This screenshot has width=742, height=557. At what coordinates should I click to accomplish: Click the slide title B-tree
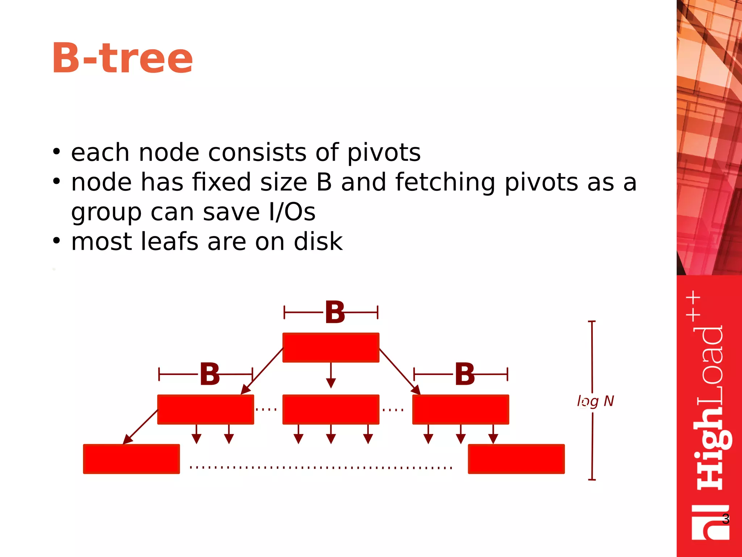click(x=122, y=58)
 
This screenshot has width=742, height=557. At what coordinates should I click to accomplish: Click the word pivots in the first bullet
click(x=384, y=153)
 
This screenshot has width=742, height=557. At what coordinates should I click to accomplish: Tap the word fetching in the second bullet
click(x=446, y=182)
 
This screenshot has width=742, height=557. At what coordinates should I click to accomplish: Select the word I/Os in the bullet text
click(x=292, y=212)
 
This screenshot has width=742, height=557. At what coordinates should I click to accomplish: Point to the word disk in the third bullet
click(x=318, y=242)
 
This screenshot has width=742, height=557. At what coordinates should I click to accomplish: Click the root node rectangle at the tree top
click(x=331, y=347)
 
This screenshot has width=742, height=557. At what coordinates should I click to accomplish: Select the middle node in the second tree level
click(x=331, y=409)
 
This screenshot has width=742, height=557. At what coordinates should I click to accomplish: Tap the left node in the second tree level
click(x=205, y=409)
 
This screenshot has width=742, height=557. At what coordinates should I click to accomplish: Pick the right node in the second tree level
click(x=460, y=409)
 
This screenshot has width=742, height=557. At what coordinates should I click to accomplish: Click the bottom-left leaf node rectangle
click(x=131, y=459)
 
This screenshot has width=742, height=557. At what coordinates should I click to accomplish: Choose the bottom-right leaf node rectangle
click(x=516, y=459)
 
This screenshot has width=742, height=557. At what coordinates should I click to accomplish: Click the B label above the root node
click(x=335, y=312)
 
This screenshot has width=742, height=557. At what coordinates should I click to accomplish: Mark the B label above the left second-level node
click(x=210, y=374)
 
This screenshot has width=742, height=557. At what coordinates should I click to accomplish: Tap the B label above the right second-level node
click(x=465, y=374)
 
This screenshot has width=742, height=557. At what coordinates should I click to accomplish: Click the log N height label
click(x=595, y=401)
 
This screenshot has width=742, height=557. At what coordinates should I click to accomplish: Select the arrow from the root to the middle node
click(x=331, y=375)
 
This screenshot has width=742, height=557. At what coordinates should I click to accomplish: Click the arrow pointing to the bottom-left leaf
click(x=141, y=427)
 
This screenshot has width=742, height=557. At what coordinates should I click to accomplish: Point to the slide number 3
click(x=725, y=519)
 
